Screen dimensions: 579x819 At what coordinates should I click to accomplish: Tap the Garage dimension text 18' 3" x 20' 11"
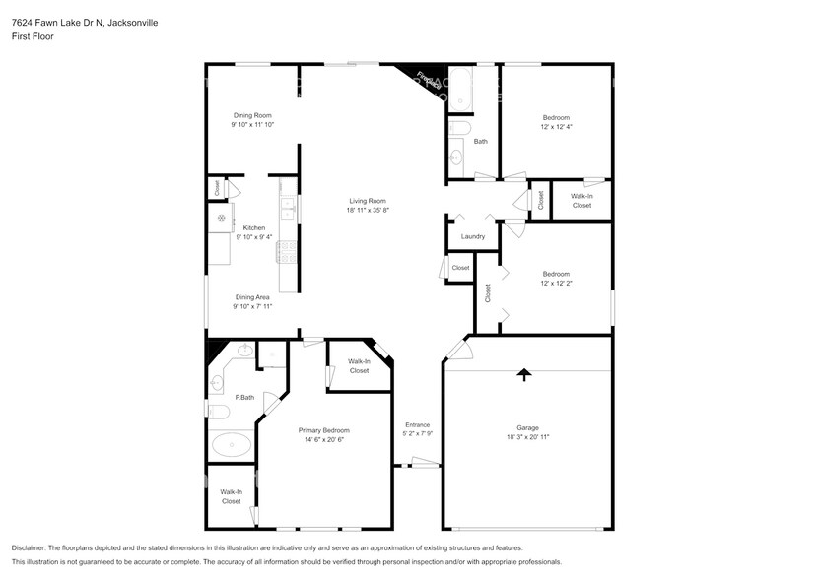point(528,436)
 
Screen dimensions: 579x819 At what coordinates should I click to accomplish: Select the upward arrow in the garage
point(524,374)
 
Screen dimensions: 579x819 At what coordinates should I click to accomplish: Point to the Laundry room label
point(472,236)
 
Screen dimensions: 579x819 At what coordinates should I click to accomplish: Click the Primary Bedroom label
point(323,430)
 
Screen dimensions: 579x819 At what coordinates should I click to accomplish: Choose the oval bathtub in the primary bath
point(232,445)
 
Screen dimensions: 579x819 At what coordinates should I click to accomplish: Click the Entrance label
point(417,425)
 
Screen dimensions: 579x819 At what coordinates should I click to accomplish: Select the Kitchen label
point(254,227)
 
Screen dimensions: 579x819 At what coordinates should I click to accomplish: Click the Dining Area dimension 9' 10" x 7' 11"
point(252,306)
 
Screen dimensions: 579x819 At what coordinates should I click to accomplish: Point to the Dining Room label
point(252,115)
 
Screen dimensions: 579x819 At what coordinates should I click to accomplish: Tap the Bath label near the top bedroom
point(480,141)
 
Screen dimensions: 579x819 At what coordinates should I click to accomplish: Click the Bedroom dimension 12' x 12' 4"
point(556,127)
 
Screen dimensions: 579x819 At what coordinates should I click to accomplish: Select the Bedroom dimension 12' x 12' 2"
point(556,284)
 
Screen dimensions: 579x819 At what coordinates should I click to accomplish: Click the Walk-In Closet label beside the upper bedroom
point(581,201)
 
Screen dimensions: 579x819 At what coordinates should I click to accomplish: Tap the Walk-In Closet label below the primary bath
point(231,496)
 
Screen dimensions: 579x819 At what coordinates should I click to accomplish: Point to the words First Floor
point(33,36)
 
